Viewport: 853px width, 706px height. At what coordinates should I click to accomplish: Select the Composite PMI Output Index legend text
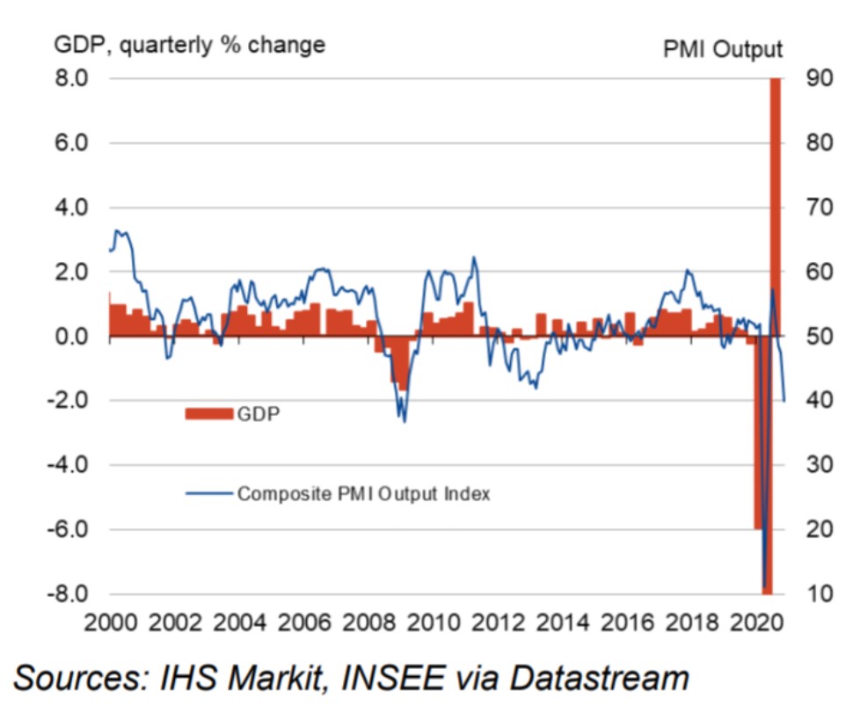click(363, 494)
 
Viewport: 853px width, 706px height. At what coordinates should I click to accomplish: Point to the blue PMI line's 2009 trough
click(404, 421)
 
